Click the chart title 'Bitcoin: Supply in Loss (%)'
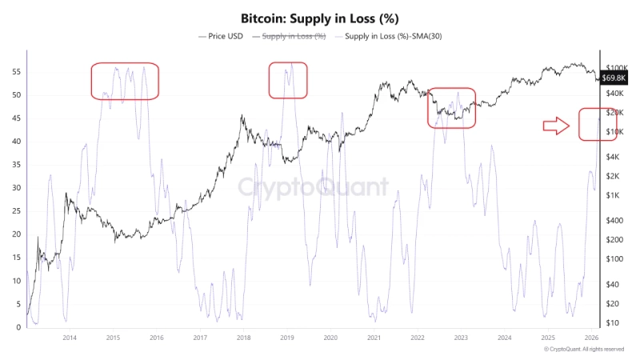tap(320, 18)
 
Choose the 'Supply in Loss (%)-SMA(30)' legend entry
tap(390, 37)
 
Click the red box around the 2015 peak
tap(125, 81)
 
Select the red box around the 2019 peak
tap(288, 80)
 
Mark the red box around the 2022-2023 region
tap(452, 108)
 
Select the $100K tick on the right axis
tap(617, 68)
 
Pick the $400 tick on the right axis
tap(615, 220)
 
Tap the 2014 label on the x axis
tap(70, 338)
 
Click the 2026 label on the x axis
tap(591, 338)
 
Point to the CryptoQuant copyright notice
tap(584, 350)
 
